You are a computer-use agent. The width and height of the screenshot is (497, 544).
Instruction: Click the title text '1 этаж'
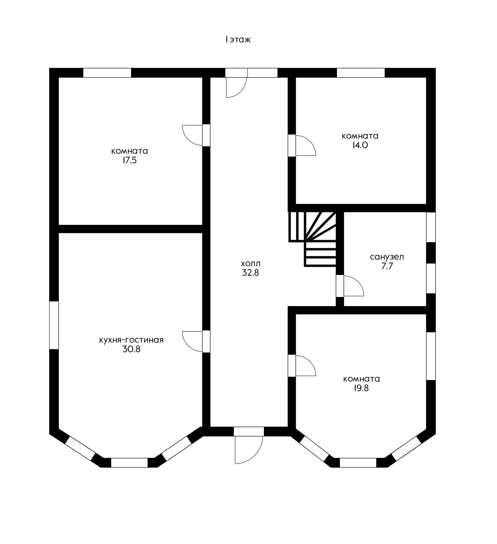(238, 40)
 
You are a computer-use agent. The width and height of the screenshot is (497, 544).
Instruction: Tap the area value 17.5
(130, 160)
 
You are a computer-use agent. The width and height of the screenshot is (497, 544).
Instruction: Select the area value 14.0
(360, 145)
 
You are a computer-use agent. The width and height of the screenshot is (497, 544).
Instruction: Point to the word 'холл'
(251, 263)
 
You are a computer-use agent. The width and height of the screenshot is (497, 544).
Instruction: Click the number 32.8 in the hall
(251, 272)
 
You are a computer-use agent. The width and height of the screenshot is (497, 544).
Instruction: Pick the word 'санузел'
(387, 257)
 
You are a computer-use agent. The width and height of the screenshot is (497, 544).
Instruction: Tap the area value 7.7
(387, 266)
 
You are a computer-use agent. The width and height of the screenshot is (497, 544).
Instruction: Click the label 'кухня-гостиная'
(131, 340)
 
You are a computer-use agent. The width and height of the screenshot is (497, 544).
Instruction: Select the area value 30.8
(131, 349)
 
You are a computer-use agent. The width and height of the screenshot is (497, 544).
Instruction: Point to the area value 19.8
(361, 388)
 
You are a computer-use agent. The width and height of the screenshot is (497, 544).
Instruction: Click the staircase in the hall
(312, 239)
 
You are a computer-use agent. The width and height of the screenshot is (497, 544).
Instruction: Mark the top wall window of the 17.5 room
(107, 73)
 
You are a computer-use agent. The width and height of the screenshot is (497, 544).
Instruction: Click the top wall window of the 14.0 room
(360, 73)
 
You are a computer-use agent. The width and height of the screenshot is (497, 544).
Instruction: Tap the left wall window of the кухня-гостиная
(54, 325)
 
